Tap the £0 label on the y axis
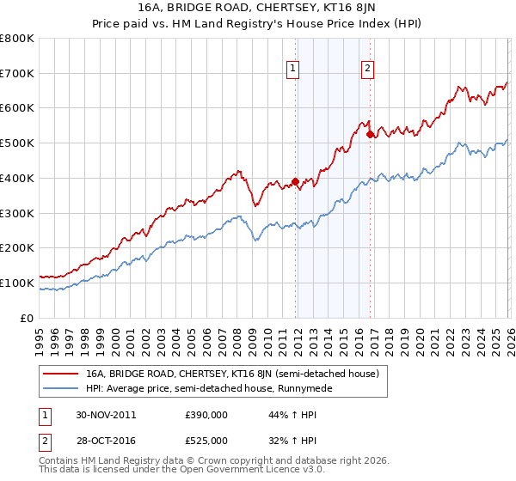(27, 318)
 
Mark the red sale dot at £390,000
(295, 181)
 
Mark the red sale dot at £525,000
(370, 134)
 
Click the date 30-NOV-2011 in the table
(106, 414)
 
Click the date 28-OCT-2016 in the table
(106, 440)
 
